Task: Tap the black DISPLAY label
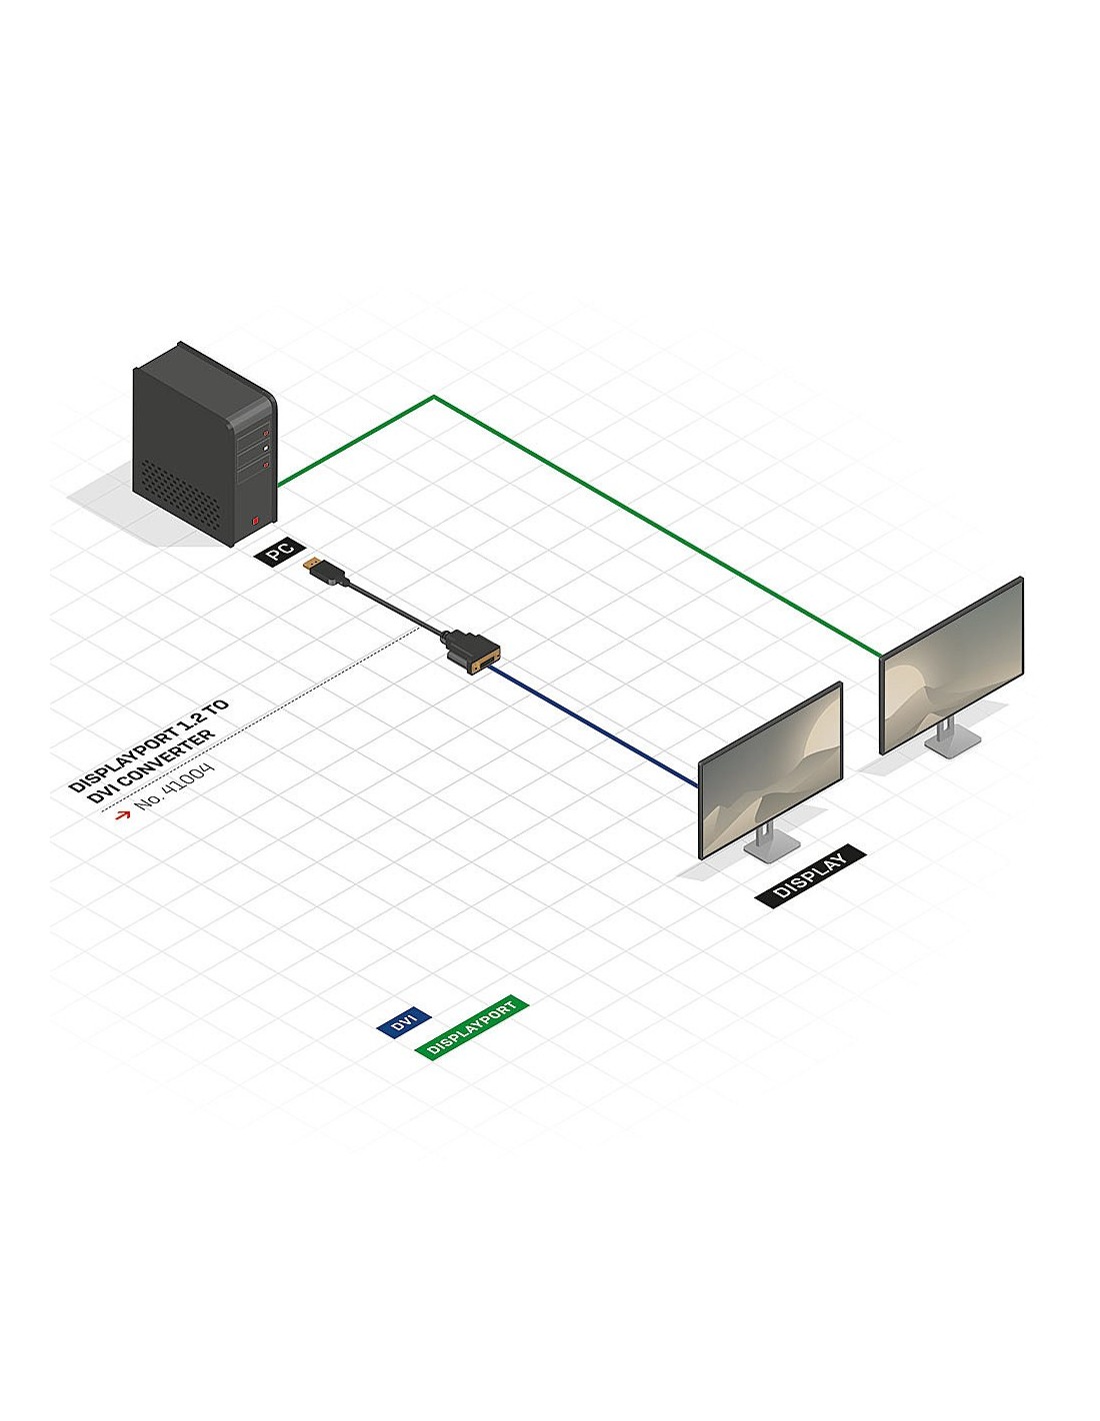click(810, 875)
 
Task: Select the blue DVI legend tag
click(404, 1021)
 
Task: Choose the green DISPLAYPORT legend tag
click(471, 1027)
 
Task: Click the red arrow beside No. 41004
click(123, 814)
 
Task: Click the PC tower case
click(204, 445)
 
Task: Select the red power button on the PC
click(255, 521)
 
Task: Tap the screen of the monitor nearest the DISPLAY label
click(770, 769)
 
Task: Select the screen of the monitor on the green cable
click(952, 665)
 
